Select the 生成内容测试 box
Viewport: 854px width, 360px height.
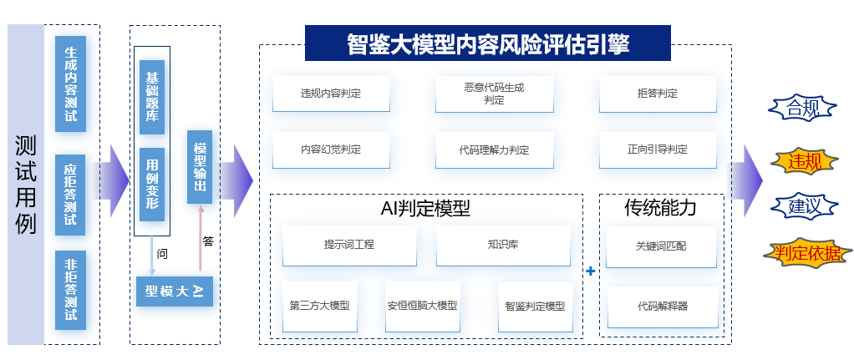click(71, 84)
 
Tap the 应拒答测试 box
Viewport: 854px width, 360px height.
click(71, 190)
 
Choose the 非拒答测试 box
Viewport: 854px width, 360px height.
click(71, 290)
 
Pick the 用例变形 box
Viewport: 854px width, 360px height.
click(152, 185)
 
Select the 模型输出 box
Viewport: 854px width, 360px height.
click(200, 167)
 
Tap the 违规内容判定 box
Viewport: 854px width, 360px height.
click(331, 94)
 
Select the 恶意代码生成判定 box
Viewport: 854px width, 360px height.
click(495, 94)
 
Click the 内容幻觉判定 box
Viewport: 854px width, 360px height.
click(331, 150)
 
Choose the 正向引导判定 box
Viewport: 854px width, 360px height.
click(658, 150)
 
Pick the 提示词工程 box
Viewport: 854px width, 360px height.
click(349, 245)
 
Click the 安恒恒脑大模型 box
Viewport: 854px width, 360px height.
click(422, 305)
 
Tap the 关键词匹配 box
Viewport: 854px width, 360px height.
click(662, 246)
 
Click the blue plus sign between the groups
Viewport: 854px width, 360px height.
click(591, 271)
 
